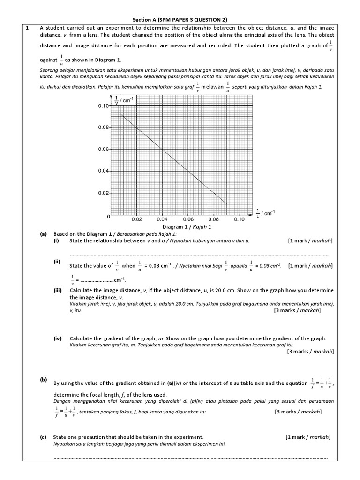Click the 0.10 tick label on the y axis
[x=103, y=106]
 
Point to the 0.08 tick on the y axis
[x=103, y=127]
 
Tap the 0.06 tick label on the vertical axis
[x=103, y=149]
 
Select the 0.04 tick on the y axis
[x=103, y=171]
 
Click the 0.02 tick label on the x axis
[x=136, y=219]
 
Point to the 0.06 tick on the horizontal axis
[x=188, y=219]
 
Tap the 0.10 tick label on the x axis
[x=239, y=219]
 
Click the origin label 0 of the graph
[x=108, y=217]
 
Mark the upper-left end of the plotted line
[x=121, y=115]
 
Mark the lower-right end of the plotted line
[x=227, y=204]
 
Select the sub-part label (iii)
[x=58, y=291]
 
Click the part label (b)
[x=43, y=380]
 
